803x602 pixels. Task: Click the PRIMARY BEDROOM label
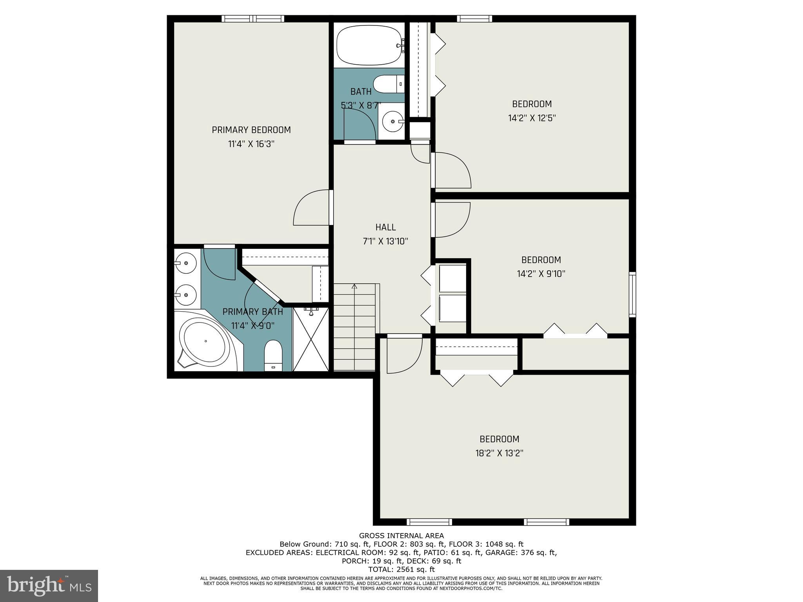click(251, 130)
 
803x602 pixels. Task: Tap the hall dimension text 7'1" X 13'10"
click(385, 241)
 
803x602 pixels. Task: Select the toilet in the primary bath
click(273, 355)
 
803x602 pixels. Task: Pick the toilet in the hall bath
click(388, 84)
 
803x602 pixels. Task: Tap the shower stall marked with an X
click(311, 339)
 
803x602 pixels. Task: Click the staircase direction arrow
click(354, 287)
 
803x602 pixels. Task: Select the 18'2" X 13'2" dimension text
click(500, 453)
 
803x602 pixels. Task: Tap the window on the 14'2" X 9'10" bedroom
click(632, 294)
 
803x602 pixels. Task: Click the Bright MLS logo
click(49, 586)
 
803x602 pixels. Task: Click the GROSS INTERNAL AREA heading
click(401, 535)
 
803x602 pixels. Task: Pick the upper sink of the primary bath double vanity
click(186, 263)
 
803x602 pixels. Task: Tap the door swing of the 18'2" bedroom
click(404, 355)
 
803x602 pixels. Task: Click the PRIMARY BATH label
click(253, 312)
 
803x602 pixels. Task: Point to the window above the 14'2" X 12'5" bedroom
click(474, 18)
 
